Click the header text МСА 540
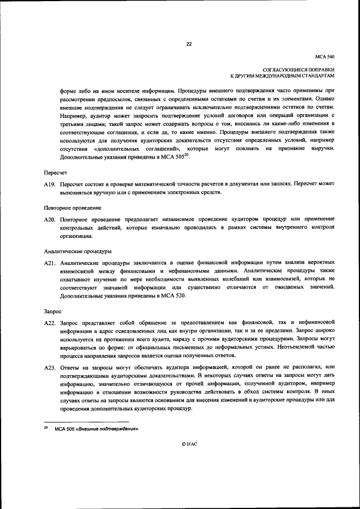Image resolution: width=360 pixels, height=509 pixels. click(325, 57)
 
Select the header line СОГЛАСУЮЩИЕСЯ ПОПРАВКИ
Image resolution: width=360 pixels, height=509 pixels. click(303, 68)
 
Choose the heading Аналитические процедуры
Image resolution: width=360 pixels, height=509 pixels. click(77, 250)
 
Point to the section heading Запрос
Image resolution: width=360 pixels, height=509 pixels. click(53, 310)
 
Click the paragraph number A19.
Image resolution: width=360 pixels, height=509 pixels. click(49, 184)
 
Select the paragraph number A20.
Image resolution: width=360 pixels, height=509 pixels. click(49, 219)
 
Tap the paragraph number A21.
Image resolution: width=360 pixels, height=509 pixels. click(49, 263)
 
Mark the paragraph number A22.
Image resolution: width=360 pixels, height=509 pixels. click(49, 323)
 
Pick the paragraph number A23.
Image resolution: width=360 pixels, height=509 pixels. click(49, 367)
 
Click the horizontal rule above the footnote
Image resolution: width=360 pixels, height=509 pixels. click(87, 421)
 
